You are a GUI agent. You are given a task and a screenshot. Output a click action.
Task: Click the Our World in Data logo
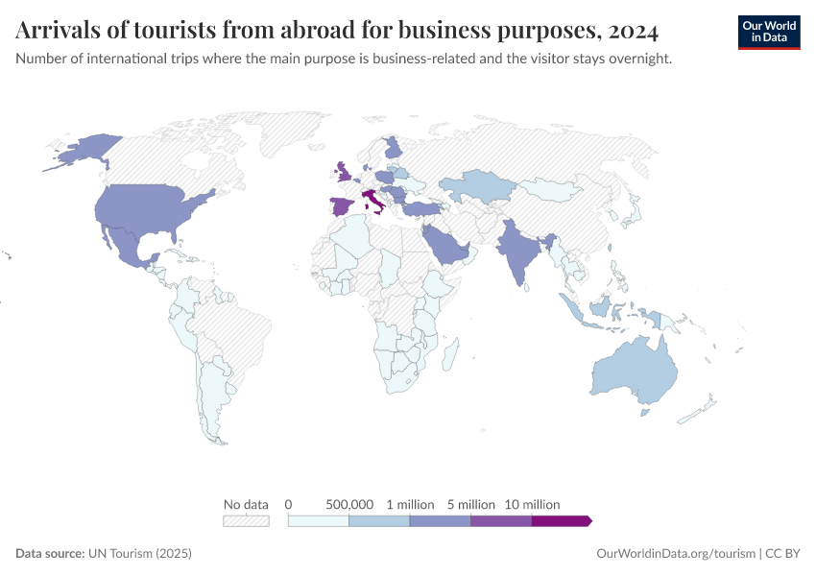tap(768, 32)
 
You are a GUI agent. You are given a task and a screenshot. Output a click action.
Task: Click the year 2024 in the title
tap(632, 31)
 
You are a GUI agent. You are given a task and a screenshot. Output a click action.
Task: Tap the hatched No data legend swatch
tap(246, 520)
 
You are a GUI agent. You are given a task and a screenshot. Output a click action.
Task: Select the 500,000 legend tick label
tap(349, 504)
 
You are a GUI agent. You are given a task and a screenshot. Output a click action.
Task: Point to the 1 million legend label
tap(410, 504)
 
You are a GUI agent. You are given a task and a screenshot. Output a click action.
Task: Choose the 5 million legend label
tap(470, 504)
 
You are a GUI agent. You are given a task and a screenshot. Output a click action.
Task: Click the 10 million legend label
tap(532, 504)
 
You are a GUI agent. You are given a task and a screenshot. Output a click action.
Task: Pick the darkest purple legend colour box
tap(560, 520)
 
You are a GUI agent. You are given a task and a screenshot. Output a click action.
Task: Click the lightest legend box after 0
tap(319, 520)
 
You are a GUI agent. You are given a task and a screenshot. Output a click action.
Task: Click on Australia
tap(634, 374)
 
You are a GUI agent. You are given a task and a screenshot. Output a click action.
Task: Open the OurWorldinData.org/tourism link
tap(675, 554)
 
